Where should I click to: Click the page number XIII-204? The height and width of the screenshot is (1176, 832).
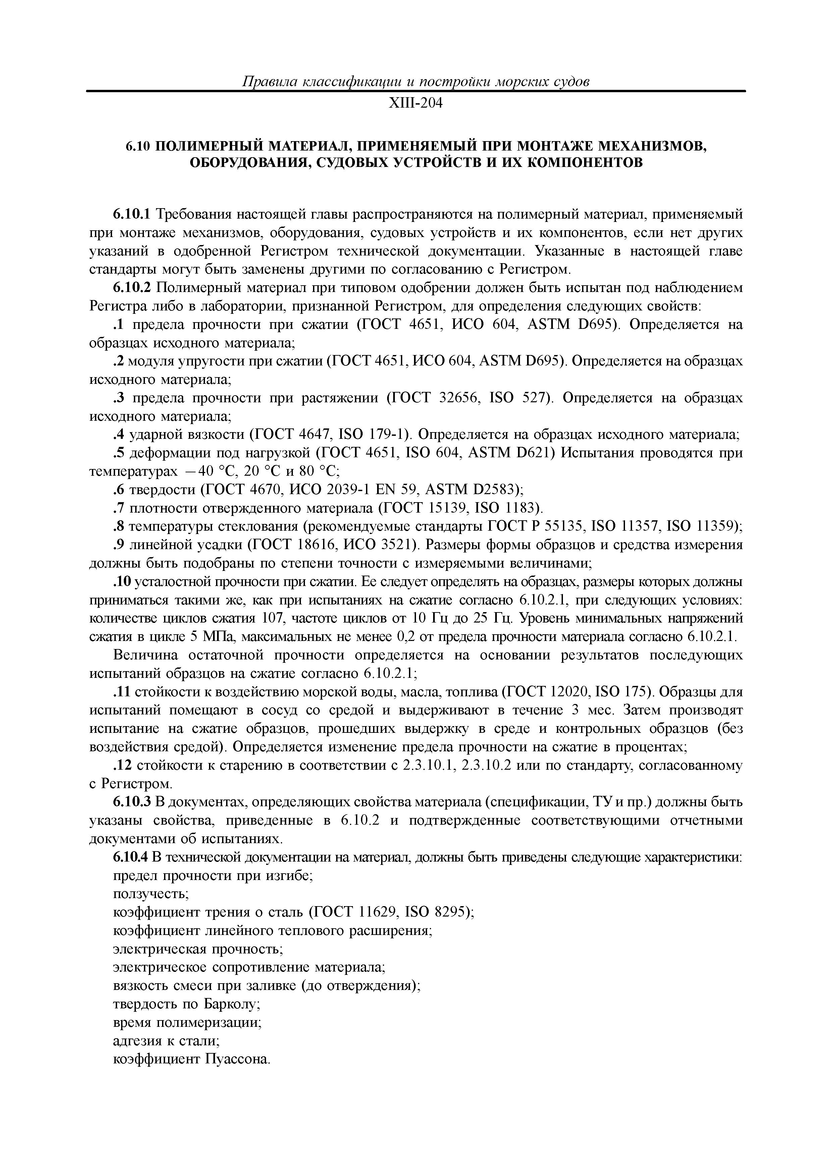[415, 104]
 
